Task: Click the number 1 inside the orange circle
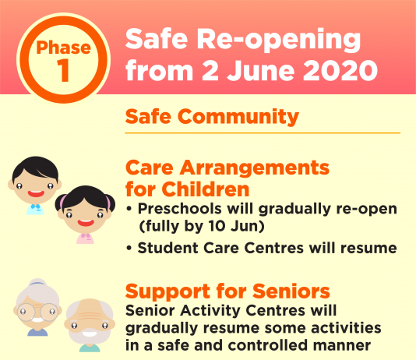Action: click(x=63, y=70)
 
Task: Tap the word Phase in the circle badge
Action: click(x=64, y=48)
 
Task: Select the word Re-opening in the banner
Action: click(x=279, y=40)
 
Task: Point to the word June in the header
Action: click(x=261, y=70)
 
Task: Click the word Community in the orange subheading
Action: click(x=238, y=117)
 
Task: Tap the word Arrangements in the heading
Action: click(x=255, y=168)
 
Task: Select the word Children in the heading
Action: click(x=206, y=189)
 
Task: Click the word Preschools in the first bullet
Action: click(x=180, y=209)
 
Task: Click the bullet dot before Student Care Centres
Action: click(x=129, y=249)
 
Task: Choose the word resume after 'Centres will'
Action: click(x=368, y=249)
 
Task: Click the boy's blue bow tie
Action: click(x=36, y=206)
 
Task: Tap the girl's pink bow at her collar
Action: click(x=86, y=235)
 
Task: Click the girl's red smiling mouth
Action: click(x=86, y=223)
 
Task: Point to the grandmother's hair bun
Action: click(x=37, y=282)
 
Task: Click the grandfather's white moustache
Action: click(x=90, y=333)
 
